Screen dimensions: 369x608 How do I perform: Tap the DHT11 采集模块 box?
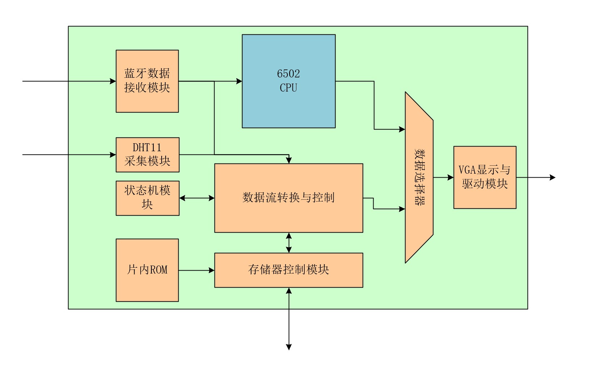click(x=147, y=155)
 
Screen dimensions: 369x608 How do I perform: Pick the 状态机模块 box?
click(x=147, y=198)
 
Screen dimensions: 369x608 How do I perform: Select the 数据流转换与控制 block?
click(x=288, y=213)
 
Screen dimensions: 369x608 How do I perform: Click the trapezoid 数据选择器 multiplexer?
click(x=419, y=177)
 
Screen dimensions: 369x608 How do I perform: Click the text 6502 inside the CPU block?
click(x=288, y=74)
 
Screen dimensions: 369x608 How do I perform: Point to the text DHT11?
click(x=147, y=148)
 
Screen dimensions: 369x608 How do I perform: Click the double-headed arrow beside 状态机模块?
click(x=197, y=198)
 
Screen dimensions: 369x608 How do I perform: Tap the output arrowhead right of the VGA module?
click(x=553, y=177)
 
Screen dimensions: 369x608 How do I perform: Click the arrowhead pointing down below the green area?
click(x=289, y=347)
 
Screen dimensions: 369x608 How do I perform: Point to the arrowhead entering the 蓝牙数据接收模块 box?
click(x=113, y=81)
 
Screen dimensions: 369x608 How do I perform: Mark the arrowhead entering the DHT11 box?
click(x=113, y=155)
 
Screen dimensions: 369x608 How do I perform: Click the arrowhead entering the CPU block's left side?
click(x=239, y=81)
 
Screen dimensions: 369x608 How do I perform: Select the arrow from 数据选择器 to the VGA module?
click(x=443, y=177)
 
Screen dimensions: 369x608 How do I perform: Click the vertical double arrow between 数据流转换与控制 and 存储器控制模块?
click(x=289, y=243)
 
